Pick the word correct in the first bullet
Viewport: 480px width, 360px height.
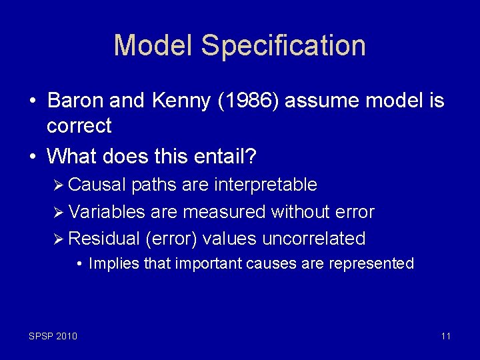coord(79,125)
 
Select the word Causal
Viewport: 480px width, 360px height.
coord(97,185)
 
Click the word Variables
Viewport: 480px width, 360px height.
coord(107,212)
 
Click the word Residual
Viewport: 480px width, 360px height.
coord(104,239)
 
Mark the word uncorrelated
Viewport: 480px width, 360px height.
coord(314,239)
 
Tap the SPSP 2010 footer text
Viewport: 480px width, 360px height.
coord(53,336)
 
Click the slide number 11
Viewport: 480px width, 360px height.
coord(446,336)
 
